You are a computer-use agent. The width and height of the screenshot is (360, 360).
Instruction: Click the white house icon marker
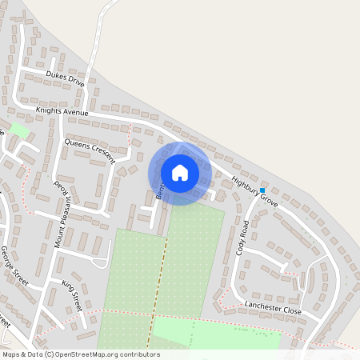click(x=180, y=173)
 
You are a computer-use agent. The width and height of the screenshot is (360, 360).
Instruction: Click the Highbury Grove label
click(x=254, y=193)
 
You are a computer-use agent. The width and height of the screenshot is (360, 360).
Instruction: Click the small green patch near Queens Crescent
click(x=20, y=130)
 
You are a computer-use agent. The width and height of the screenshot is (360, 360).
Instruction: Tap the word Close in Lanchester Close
click(x=290, y=311)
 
